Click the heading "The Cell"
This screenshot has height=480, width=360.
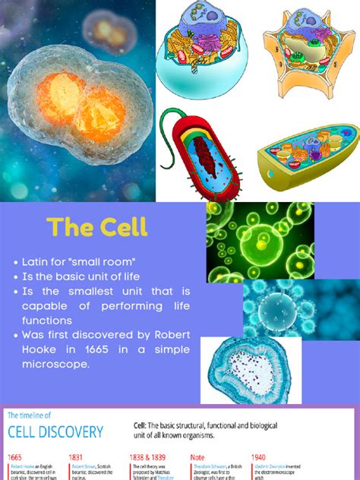(x=96, y=226)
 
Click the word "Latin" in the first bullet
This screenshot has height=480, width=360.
(x=40, y=262)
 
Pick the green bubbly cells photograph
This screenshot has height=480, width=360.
(x=260, y=240)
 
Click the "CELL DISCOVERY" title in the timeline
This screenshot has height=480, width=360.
(x=55, y=431)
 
